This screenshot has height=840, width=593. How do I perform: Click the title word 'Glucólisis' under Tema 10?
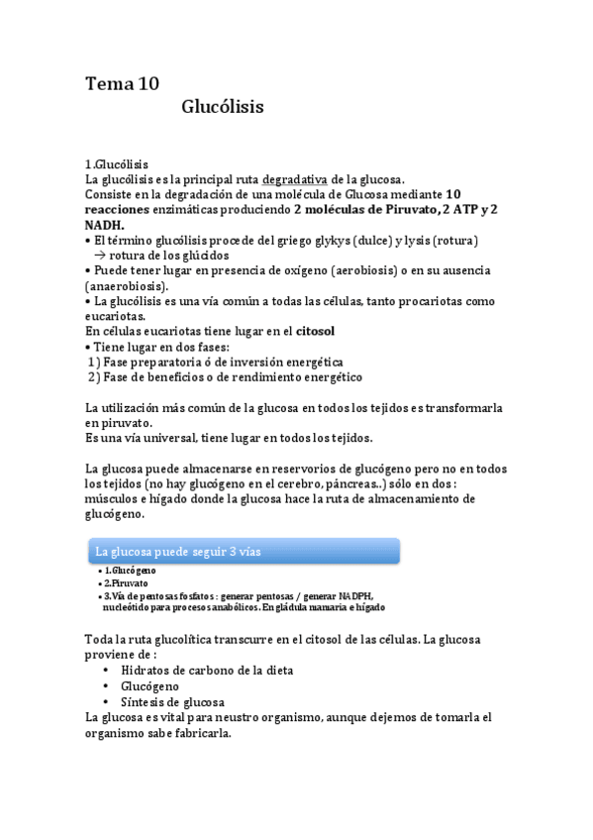223,107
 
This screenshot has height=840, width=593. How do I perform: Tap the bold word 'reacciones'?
118,209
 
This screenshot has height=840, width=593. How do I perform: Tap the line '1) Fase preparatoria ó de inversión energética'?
215,362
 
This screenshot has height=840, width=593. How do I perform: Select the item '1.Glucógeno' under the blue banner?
131,572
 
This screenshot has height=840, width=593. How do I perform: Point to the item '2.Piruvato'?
128,583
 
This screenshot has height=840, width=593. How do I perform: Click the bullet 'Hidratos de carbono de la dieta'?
208,670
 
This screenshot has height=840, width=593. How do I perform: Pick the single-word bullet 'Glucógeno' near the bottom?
149,685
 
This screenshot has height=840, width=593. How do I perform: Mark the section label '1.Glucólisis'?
117,163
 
